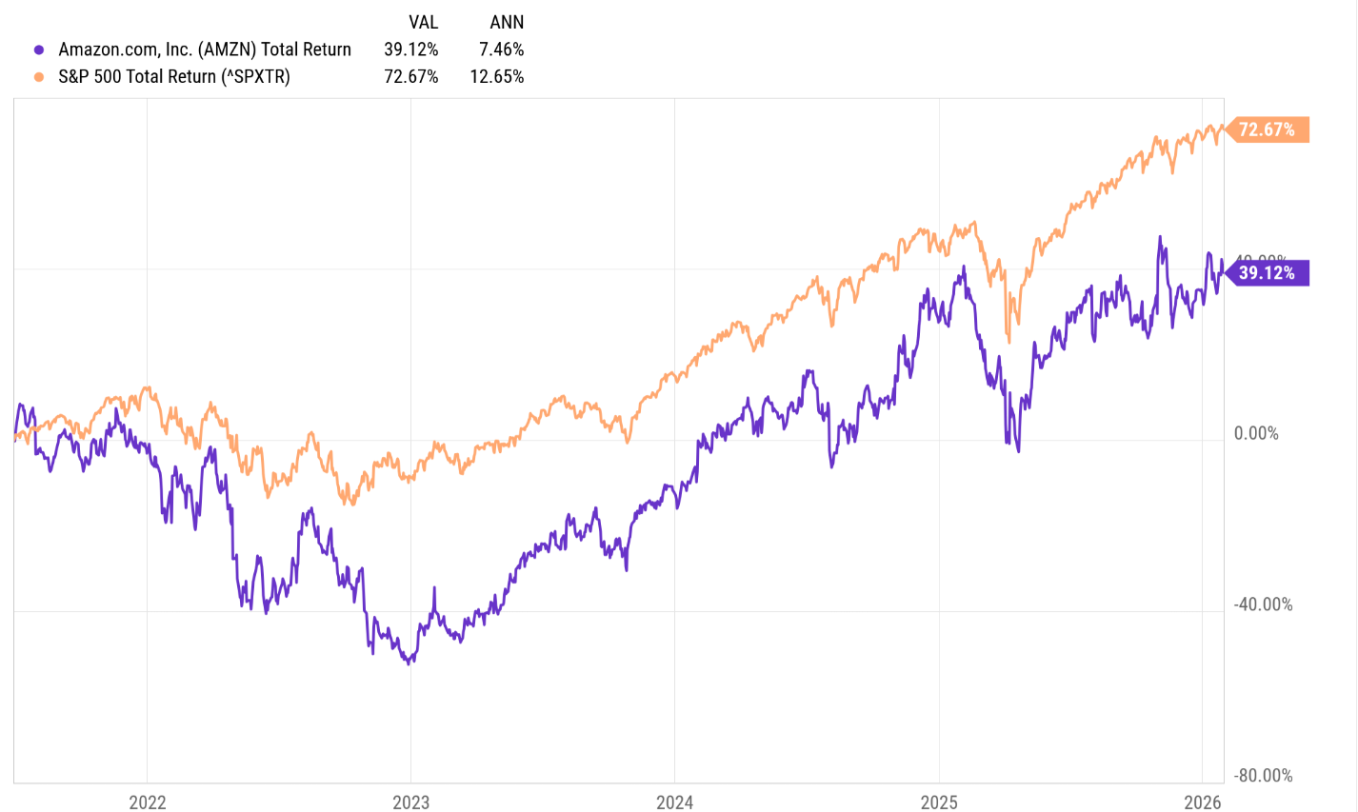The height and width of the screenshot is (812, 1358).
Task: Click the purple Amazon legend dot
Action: pyautogui.click(x=39, y=50)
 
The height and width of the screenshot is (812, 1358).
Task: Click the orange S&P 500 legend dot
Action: pyautogui.click(x=39, y=76)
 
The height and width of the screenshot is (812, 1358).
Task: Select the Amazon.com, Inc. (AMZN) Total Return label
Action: pyautogui.click(x=205, y=50)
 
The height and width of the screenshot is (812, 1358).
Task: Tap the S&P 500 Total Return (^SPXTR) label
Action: pyautogui.click(x=174, y=76)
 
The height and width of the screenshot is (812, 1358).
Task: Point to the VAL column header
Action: pyautogui.click(x=423, y=22)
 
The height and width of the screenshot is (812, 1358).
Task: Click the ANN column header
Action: pyautogui.click(x=507, y=22)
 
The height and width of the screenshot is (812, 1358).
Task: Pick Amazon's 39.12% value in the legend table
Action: pyautogui.click(x=411, y=50)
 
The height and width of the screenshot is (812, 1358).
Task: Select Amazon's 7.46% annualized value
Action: pyautogui.click(x=502, y=50)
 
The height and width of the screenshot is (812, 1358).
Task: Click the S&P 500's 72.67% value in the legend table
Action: pyautogui.click(x=411, y=76)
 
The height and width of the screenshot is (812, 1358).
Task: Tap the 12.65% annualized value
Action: pyautogui.click(x=497, y=76)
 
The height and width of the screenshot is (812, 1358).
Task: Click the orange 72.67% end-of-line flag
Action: pyautogui.click(x=1267, y=129)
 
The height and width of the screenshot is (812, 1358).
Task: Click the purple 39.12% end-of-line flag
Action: pyautogui.click(x=1267, y=273)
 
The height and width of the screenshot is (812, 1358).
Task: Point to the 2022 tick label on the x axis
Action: pyautogui.click(x=148, y=802)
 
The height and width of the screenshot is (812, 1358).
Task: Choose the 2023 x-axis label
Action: pyautogui.click(x=411, y=802)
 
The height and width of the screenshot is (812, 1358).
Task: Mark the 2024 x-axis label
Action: pyautogui.click(x=675, y=802)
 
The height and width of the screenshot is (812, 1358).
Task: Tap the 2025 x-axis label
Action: pyautogui.click(x=939, y=802)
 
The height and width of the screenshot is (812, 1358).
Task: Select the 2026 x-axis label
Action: pyautogui.click(x=1203, y=802)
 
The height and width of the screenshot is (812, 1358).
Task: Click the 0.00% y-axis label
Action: pyautogui.click(x=1256, y=434)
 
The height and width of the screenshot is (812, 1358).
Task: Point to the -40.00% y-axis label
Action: pyautogui.click(x=1263, y=605)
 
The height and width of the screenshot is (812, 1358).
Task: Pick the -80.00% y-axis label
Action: pyautogui.click(x=1263, y=776)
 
